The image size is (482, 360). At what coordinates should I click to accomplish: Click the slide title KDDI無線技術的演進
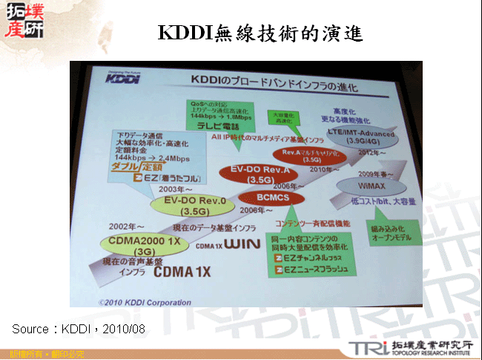pyautogui.click(x=260, y=33)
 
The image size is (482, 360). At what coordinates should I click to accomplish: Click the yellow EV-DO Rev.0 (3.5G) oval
pyautogui.click(x=183, y=205)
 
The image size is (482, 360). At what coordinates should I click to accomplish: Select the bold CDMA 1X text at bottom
pyautogui.click(x=184, y=272)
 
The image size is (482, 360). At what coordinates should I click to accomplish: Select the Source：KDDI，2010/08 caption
pyautogui.click(x=79, y=327)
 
